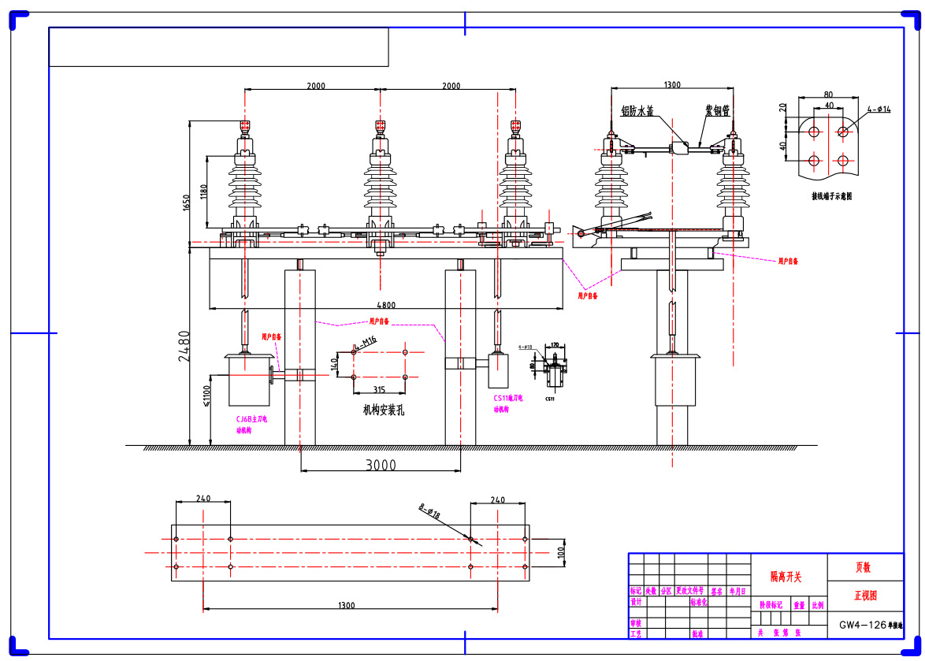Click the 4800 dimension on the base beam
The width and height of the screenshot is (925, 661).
(x=384, y=304)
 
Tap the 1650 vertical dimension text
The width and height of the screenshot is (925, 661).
(x=187, y=203)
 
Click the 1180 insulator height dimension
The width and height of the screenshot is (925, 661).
(x=203, y=191)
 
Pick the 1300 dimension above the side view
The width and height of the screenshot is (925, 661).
(x=672, y=84)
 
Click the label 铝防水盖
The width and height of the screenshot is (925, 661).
(x=637, y=111)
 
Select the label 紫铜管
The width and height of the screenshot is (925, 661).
(x=717, y=111)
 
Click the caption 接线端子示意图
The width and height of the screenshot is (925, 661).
(x=831, y=195)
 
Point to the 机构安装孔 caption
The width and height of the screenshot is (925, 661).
(x=384, y=410)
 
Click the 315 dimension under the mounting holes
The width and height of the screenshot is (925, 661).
(x=379, y=389)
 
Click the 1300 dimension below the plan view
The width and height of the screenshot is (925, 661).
(x=347, y=605)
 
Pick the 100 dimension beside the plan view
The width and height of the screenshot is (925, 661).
(x=560, y=552)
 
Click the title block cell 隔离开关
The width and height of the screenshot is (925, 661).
(x=786, y=577)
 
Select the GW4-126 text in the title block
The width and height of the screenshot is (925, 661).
(x=863, y=626)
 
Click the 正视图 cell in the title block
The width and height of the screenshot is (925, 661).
(x=865, y=596)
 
